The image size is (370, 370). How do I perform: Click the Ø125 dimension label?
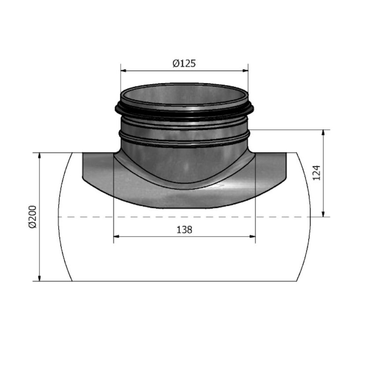point(184,63)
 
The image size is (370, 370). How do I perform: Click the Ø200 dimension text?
point(31,216)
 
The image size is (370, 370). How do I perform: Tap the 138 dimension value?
point(184,229)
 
